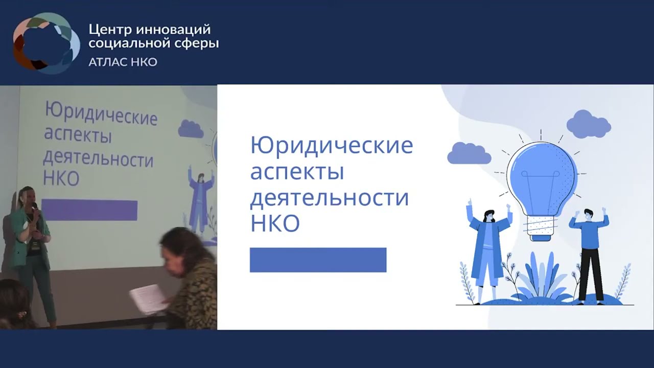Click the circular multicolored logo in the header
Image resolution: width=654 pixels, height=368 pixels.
click(x=46, y=43)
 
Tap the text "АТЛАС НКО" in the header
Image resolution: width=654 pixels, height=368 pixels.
click(x=123, y=62)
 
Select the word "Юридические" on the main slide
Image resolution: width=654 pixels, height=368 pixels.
click(x=331, y=146)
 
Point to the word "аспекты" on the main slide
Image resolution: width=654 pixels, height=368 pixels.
click(x=296, y=172)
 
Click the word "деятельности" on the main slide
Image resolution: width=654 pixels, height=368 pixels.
click(x=329, y=197)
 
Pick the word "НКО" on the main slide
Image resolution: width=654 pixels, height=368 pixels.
click(x=274, y=223)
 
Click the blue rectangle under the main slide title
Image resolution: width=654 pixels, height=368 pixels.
click(x=318, y=260)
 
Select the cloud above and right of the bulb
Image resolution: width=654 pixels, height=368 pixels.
click(x=588, y=124)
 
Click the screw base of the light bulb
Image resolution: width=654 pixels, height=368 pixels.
click(x=541, y=227)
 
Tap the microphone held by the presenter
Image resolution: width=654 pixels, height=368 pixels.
click(x=35, y=208)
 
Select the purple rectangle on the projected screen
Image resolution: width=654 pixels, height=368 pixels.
click(x=89, y=210)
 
